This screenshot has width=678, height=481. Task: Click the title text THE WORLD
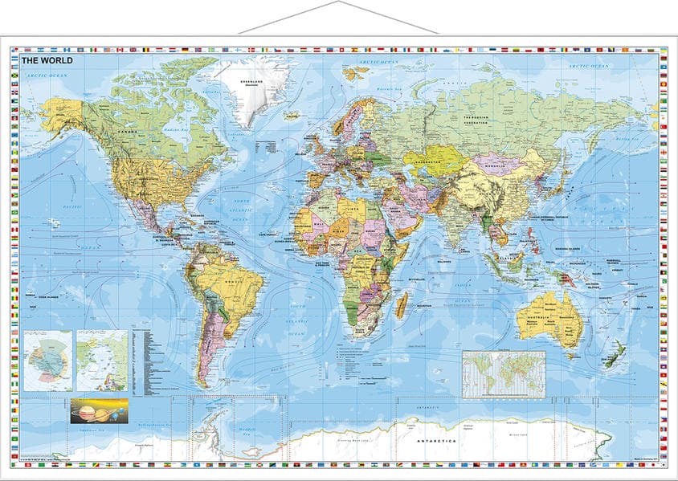47,60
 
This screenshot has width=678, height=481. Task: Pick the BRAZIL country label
235,282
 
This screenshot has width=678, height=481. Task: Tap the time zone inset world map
503,373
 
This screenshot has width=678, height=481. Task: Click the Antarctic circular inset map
47,360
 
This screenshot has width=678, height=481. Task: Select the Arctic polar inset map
102,360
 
